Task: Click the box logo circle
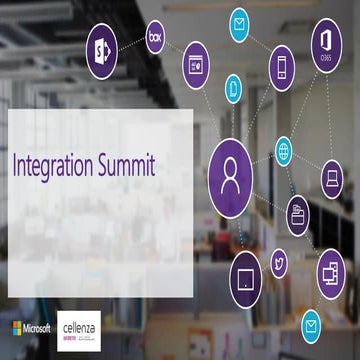[x=155, y=37]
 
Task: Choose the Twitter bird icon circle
[x=279, y=265]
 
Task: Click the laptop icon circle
[x=333, y=178]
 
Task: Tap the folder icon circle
[x=299, y=212]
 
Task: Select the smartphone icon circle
[x=282, y=67]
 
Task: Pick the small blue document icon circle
[x=234, y=87]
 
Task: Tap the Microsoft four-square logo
[x=18, y=328]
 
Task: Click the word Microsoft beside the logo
[x=39, y=328]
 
